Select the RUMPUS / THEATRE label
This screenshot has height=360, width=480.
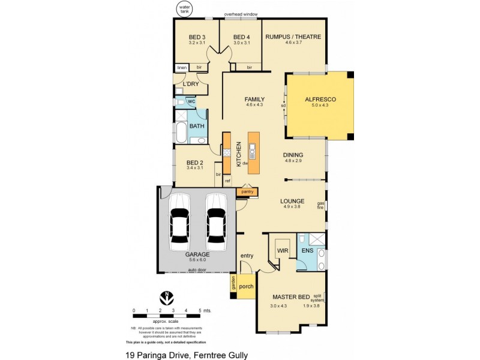point(293,37)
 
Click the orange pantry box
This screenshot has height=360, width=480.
point(247,192)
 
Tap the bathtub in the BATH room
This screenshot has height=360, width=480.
point(180,131)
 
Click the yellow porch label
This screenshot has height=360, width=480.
point(246,286)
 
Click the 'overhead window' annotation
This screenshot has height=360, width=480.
point(241,13)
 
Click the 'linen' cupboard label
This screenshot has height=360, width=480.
point(180,67)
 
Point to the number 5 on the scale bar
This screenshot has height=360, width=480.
point(199,310)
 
